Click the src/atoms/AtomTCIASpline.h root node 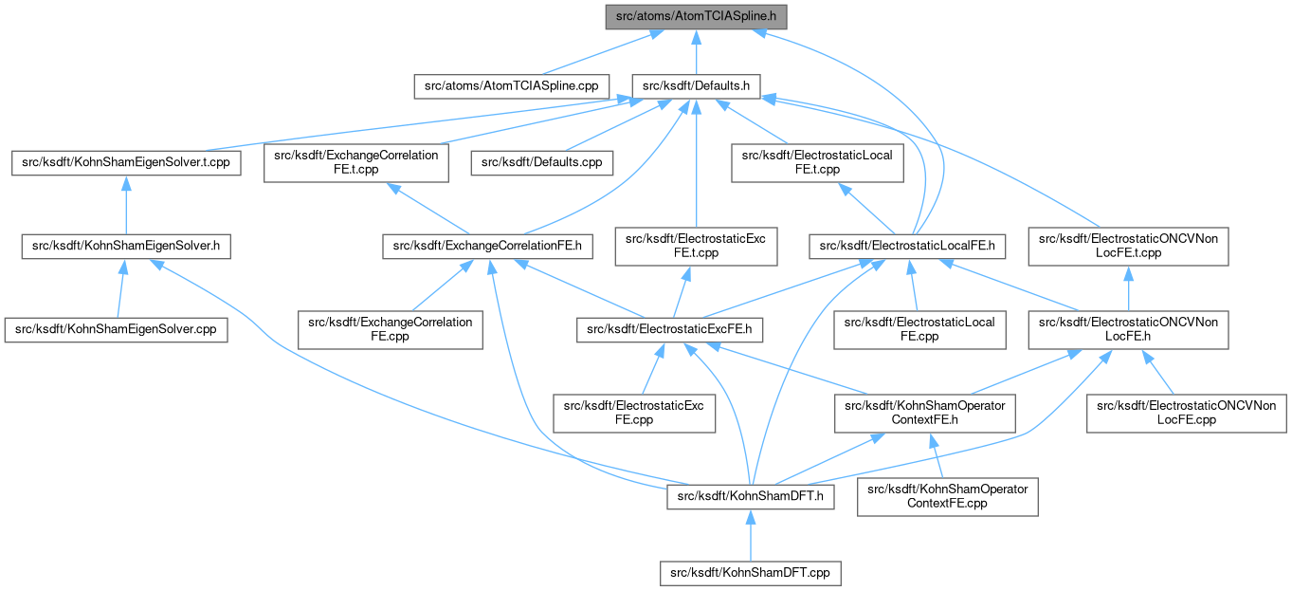click(696, 16)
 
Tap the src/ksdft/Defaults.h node click(697, 85)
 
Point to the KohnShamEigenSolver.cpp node click(116, 330)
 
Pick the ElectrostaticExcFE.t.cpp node click(696, 247)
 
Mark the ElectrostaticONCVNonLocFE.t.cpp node click(1128, 247)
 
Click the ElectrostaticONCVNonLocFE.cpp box click(1186, 414)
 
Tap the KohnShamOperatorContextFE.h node click(919, 414)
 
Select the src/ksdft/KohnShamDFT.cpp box click(750, 572)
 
